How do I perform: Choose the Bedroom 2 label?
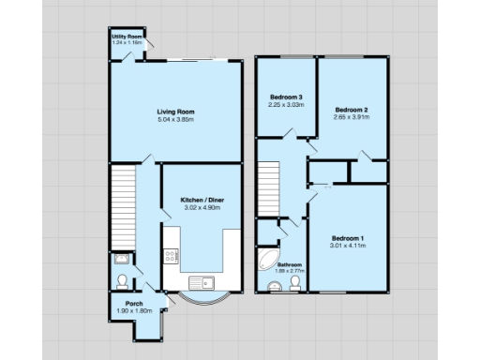tap(352, 111)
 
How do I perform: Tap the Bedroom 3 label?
tap(286, 97)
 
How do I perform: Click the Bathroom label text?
tap(289, 265)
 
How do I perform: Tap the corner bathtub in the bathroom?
tap(267, 259)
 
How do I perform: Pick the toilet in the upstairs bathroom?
tap(295, 281)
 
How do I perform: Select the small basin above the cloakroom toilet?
tap(119, 260)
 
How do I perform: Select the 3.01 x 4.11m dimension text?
tap(348, 246)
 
